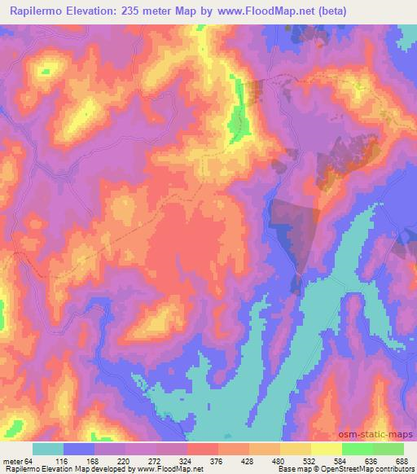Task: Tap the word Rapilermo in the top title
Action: pos(38,11)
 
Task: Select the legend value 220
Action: pos(145,460)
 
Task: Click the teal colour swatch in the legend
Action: pos(48,449)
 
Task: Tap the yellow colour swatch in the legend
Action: pos(327,449)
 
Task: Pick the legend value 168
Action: pos(113,460)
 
